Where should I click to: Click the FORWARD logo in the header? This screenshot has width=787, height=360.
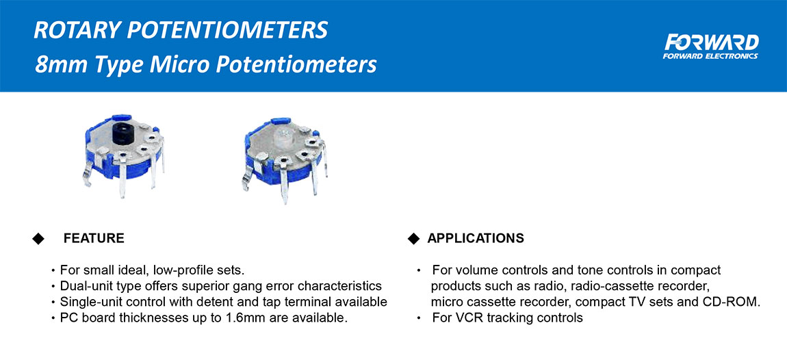point(711,46)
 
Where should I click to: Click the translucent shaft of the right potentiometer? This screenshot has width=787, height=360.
point(284,136)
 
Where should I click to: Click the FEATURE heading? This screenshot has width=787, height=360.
point(94,238)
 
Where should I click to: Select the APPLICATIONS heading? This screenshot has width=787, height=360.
point(476,238)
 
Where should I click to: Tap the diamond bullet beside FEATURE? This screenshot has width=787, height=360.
point(38,238)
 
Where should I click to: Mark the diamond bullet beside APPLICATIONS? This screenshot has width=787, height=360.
point(413,238)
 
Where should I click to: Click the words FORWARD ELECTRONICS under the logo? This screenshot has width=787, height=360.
point(710,56)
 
